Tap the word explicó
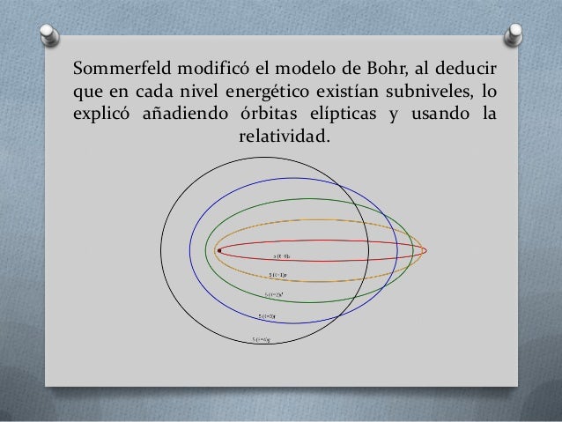(101, 114)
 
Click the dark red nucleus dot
(218, 251)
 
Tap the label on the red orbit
(282, 256)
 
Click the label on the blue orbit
(268, 315)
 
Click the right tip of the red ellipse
(426, 251)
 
